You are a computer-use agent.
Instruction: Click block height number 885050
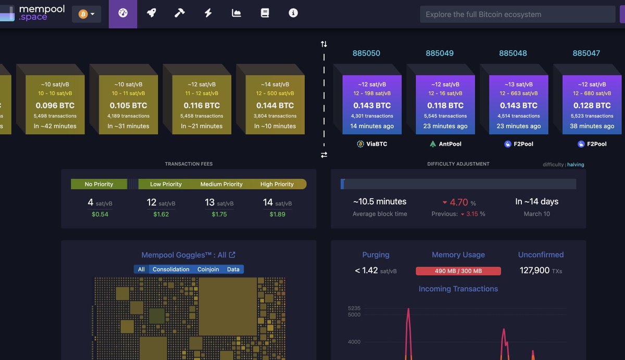click(x=366, y=53)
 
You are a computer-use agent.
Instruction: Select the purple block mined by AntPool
click(x=445, y=105)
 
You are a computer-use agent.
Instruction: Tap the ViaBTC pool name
click(x=376, y=144)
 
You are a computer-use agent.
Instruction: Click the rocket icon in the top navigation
click(x=151, y=13)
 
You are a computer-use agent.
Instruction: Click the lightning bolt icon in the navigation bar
click(x=208, y=13)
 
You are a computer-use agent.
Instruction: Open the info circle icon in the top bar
click(x=293, y=13)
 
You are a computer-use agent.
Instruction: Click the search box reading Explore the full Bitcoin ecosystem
click(x=517, y=14)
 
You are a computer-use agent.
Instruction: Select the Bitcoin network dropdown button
click(x=86, y=14)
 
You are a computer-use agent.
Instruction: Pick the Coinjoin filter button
click(x=208, y=269)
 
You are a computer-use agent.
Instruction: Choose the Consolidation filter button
click(x=171, y=269)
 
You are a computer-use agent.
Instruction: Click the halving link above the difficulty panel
click(x=576, y=165)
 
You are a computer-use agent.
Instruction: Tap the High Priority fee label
click(x=277, y=184)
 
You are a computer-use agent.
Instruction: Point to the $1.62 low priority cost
click(x=161, y=214)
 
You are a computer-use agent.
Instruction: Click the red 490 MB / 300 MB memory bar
click(x=458, y=271)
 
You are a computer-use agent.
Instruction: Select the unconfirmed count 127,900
click(x=534, y=270)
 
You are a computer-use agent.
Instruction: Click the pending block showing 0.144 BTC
click(x=274, y=105)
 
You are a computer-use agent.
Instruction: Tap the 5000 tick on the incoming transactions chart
click(x=354, y=315)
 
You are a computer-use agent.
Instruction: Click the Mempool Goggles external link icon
click(x=232, y=255)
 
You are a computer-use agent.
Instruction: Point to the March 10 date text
click(x=536, y=214)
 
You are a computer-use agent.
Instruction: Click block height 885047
click(x=586, y=53)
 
